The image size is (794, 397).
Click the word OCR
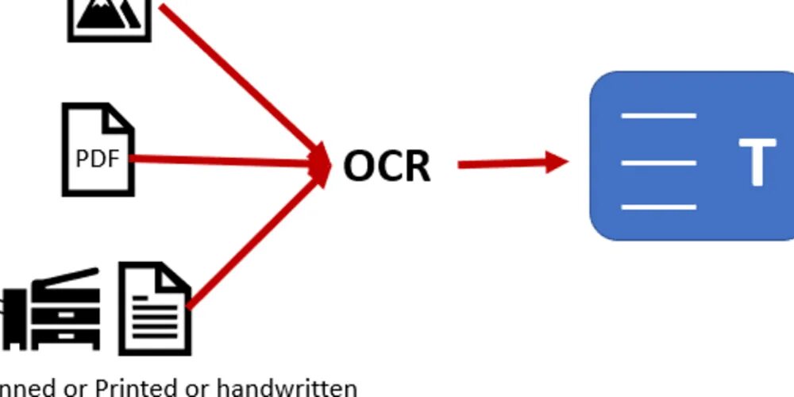(387, 165)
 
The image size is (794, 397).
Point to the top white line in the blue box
(658, 116)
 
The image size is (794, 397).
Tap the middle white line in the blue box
(658, 162)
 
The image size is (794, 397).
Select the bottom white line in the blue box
(658, 207)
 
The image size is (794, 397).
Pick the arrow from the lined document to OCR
(254, 238)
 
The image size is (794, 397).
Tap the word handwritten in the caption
(287, 388)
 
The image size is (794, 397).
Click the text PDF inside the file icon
(98, 160)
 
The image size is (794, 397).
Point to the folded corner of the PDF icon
(121, 118)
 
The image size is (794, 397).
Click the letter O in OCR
(359, 165)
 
